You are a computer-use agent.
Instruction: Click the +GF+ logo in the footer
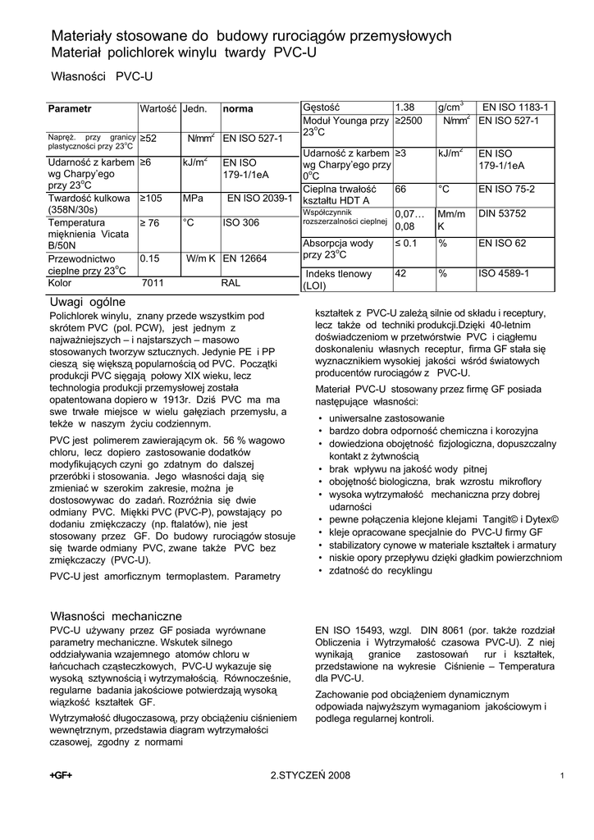click(61, 775)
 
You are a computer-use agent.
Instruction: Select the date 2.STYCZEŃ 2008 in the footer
click(310, 775)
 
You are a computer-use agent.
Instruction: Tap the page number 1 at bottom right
click(561, 776)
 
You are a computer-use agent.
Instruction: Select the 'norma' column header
click(239, 108)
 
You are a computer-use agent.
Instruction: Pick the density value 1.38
click(405, 107)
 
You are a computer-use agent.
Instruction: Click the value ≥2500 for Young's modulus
click(409, 121)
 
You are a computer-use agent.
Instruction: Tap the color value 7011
click(153, 283)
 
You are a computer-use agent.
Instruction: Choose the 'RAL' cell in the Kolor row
click(231, 283)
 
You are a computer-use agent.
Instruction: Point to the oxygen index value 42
click(402, 274)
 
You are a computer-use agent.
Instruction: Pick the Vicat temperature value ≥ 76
click(151, 222)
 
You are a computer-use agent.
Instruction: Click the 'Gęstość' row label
click(321, 107)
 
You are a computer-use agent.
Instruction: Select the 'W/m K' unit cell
click(200, 258)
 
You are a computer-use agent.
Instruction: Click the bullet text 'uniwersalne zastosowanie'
click(386, 418)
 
